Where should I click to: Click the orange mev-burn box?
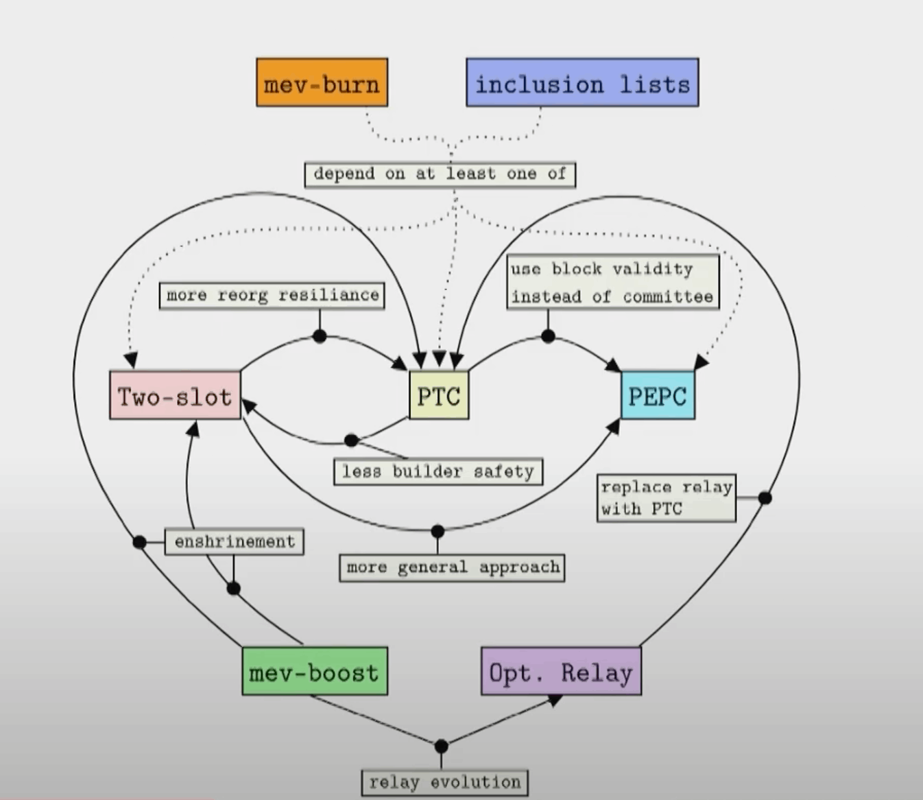coord(322,82)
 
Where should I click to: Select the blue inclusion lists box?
coord(582,82)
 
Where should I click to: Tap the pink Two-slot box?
coord(176,395)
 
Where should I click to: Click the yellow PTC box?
coord(439,395)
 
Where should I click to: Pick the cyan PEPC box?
coord(658,395)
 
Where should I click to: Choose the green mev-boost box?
coord(315,671)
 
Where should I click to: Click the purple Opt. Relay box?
coord(561,671)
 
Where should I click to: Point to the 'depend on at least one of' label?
coord(440,174)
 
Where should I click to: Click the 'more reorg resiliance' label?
coord(272,296)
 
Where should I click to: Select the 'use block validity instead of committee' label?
coord(613,282)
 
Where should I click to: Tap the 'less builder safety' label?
coord(438,472)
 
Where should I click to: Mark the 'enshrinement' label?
coord(235,541)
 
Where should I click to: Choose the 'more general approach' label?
coord(452,567)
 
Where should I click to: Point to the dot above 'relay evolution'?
coord(442,746)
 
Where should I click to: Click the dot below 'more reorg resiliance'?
coord(320,336)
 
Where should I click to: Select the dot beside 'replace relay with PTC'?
coord(765,497)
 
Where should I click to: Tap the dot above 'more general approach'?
coord(437,531)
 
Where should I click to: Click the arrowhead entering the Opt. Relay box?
coord(554,701)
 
